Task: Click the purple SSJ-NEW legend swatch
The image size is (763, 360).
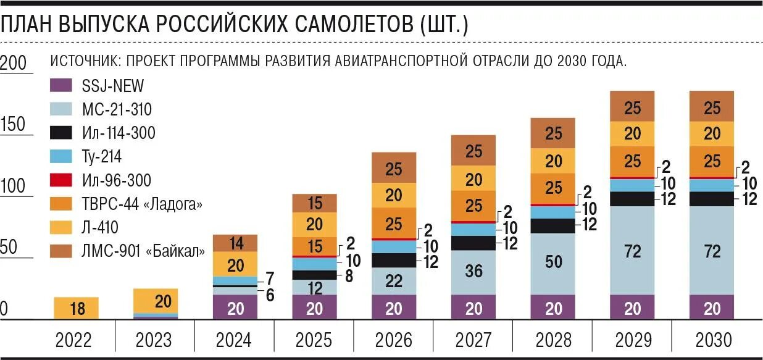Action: click(x=60, y=86)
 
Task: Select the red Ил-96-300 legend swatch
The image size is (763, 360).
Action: click(x=60, y=180)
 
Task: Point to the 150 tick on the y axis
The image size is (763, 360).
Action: click(x=13, y=125)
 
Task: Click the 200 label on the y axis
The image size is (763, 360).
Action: click(x=13, y=63)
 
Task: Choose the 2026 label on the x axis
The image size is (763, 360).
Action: click(x=394, y=340)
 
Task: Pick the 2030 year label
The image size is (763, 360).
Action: click(x=712, y=340)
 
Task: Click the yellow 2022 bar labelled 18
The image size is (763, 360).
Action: click(x=77, y=309)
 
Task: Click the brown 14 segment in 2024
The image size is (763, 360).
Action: click(x=235, y=243)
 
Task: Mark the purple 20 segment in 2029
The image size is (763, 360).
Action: click(x=633, y=308)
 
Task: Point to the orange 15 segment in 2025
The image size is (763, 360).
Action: click(x=314, y=246)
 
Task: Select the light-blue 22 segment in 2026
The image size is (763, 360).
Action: click(x=394, y=281)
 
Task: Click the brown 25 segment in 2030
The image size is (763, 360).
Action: click(x=712, y=107)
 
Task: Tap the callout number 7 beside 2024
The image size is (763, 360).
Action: click(x=269, y=278)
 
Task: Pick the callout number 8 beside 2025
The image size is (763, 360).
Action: click(x=349, y=277)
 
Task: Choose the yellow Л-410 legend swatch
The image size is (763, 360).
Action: click(x=60, y=227)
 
